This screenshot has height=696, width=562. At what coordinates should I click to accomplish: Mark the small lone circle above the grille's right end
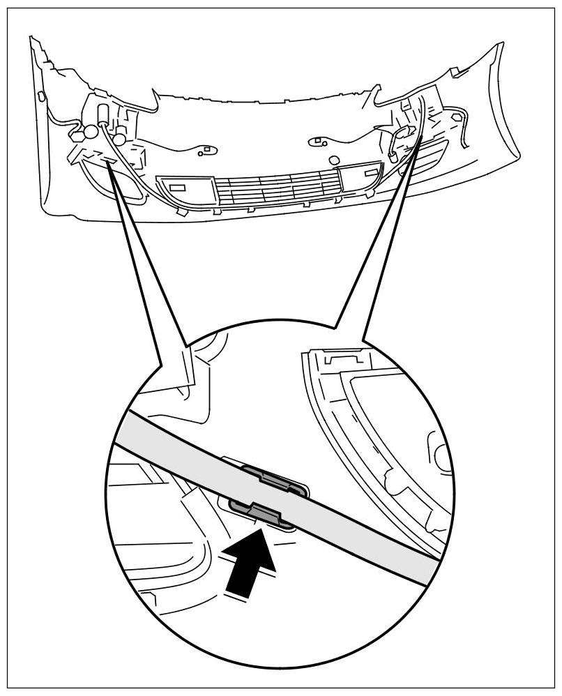coord(334,160)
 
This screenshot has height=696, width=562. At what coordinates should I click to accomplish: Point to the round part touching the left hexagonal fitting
coord(91,130)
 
